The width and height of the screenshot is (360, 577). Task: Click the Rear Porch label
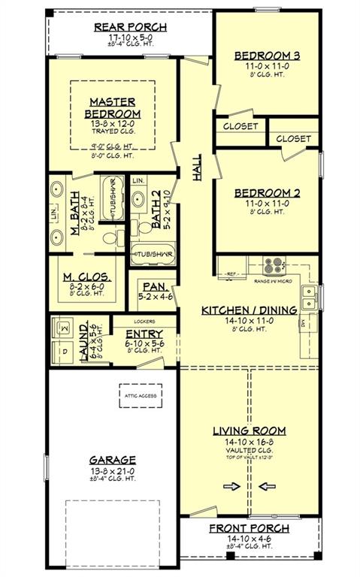(130, 28)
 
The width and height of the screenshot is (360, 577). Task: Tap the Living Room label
(248, 430)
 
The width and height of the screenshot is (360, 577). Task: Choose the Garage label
(113, 460)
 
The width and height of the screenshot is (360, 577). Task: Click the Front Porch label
(248, 529)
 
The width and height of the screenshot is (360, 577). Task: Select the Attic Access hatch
(145, 396)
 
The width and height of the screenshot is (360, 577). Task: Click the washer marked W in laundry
(64, 328)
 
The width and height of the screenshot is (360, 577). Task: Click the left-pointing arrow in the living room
(267, 486)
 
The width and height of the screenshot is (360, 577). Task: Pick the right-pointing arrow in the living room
(231, 486)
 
